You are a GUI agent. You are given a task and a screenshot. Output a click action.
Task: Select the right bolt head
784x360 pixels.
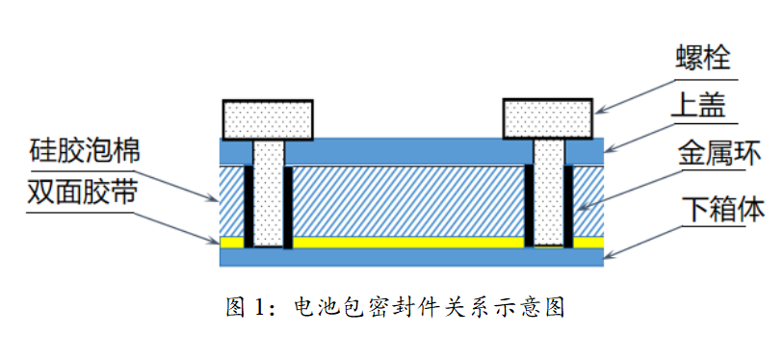tap(547, 117)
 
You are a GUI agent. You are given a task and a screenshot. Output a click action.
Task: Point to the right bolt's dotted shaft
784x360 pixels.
tap(547, 193)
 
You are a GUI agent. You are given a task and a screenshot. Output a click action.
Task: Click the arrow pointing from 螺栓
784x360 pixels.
tap(636, 91)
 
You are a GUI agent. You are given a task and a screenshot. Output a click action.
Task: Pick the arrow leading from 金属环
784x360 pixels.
tap(626, 183)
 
